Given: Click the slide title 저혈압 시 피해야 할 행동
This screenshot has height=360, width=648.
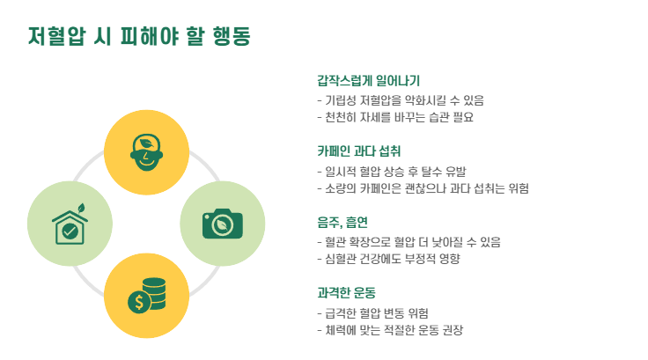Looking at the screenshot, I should click(x=139, y=36).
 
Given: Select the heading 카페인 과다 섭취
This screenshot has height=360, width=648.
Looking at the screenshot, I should click(x=358, y=151).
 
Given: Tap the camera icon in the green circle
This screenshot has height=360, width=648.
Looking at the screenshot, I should click(x=222, y=224).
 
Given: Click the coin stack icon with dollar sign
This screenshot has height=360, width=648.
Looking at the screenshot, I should click(x=146, y=296).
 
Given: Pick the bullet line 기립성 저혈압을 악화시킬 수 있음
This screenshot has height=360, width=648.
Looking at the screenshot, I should click(x=401, y=100).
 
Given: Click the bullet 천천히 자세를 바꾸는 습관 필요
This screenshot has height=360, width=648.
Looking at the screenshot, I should click(x=395, y=117).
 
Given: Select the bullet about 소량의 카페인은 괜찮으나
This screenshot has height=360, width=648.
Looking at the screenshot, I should click(x=422, y=188).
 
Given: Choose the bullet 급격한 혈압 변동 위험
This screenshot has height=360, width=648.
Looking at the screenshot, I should click(x=378, y=312).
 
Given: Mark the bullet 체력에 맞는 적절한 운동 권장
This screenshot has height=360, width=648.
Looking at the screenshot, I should click(x=390, y=330).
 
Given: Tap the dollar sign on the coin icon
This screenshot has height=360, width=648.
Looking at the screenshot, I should click(x=138, y=303).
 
